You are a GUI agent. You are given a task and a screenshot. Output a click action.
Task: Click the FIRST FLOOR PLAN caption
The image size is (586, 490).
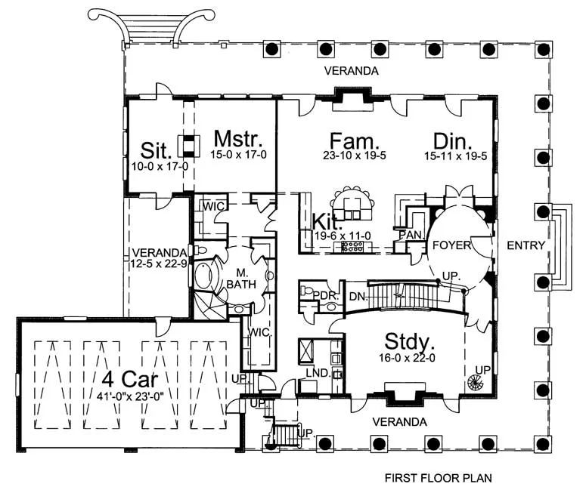(438, 478)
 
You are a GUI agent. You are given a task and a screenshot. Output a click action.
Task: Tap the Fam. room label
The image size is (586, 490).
(355, 141)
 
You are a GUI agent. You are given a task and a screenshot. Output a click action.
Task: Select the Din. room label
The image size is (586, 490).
(452, 142)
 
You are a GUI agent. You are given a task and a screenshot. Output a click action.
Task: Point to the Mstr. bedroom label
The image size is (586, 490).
(238, 139)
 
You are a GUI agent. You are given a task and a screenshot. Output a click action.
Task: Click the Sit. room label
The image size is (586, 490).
(157, 150)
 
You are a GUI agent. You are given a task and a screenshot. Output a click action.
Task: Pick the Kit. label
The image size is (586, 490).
(327, 222)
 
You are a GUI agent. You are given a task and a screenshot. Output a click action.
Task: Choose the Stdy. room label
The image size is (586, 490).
(410, 341)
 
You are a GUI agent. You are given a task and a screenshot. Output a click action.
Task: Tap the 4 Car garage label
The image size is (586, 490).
(130, 379)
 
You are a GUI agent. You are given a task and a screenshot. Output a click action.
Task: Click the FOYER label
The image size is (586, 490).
(451, 245)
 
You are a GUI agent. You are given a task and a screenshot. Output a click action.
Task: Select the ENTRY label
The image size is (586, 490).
(526, 245)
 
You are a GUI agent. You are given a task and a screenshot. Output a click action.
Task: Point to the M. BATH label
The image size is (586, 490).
(241, 279)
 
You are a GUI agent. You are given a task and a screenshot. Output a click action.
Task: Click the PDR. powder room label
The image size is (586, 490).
(326, 296)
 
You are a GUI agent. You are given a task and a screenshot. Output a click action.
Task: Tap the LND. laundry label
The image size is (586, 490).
(318, 372)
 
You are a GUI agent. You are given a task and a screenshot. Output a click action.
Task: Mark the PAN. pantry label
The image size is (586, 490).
(411, 235)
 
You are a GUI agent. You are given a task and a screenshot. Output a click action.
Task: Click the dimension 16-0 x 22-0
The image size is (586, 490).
(407, 358)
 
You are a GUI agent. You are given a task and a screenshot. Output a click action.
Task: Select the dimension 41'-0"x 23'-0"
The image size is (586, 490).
(130, 396)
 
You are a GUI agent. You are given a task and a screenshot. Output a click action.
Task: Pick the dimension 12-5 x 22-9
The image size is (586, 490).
(159, 263)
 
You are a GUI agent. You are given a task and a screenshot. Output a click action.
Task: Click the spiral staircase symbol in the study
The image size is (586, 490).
(476, 382)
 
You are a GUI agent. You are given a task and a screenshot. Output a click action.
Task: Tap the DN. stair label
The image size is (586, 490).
(358, 297)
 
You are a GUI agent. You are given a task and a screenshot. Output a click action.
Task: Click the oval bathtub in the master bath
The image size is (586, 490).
(203, 276)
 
